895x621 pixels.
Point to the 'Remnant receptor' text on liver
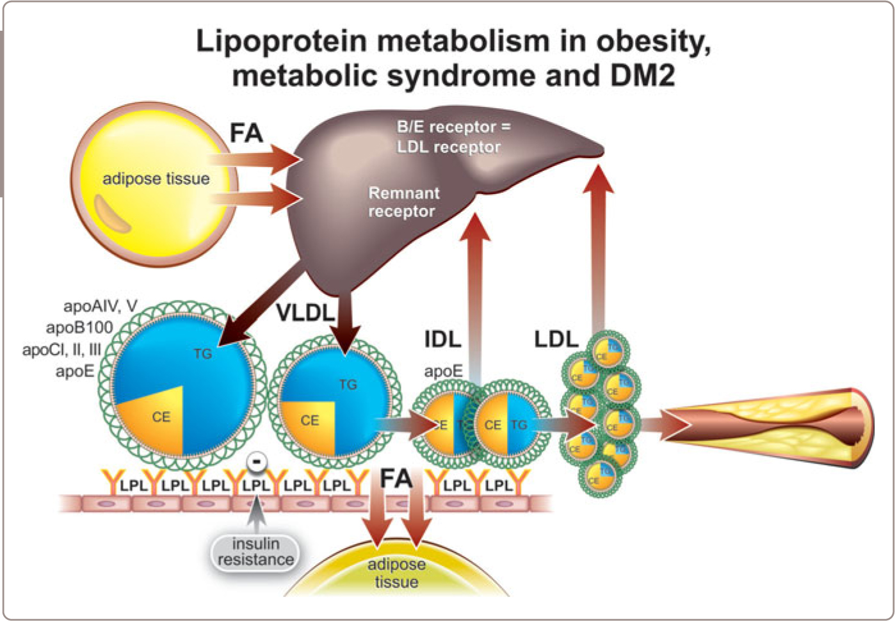click(x=403, y=202)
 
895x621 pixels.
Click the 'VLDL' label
click(x=306, y=312)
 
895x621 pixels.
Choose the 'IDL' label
click(x=442, y=339)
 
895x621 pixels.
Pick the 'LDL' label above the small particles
click(x=556, y=339)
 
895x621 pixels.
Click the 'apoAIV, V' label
click(x=100, y=306)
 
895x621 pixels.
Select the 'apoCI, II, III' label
click(x=61, y=350)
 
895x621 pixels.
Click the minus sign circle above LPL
click(x=256, y=461)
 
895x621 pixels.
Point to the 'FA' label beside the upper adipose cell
click(x=246, y=134)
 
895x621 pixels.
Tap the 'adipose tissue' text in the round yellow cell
click(x=156, y=179)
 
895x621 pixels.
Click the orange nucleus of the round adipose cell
click(x=113, y=213)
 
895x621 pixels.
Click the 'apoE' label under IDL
click(x=443, y=372)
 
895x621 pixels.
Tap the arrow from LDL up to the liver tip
click(x=598, y=243)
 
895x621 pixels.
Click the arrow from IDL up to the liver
click(x=475, y=288)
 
